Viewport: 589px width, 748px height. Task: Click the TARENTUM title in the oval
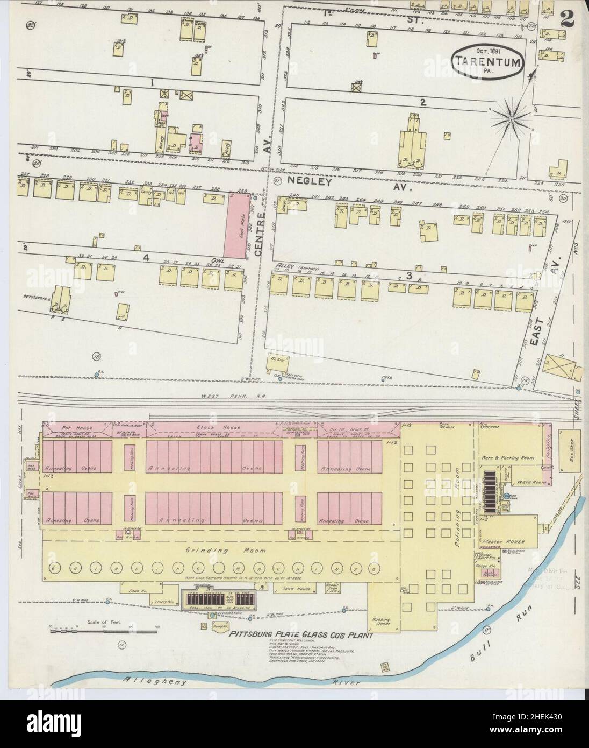tap(488, 61)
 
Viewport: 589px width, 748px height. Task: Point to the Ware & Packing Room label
tap(507, 458)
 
